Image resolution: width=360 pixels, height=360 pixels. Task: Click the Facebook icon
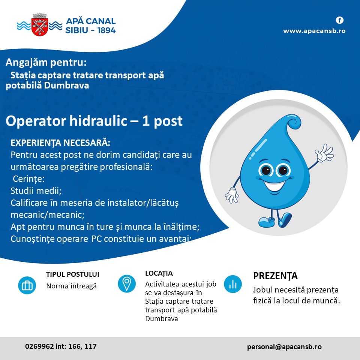[x=340, y=20]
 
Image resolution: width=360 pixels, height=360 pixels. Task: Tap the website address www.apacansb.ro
[x=314, y=31]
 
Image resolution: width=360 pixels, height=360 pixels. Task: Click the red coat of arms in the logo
[x=39, y=25]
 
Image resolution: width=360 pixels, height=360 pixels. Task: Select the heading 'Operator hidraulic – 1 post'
[x=94, y=121]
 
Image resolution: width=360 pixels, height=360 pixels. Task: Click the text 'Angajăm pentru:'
[x=46, y=62]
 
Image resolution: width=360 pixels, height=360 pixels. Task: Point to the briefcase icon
[x=27, y=285]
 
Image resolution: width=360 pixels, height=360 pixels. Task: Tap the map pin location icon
[x=127, y=283]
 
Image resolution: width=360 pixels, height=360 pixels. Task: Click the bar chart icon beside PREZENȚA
[x=233, y=284]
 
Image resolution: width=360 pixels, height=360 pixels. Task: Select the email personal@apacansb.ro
[x=284, y=347]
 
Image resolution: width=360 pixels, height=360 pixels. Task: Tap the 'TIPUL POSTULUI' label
[x=73, y=274]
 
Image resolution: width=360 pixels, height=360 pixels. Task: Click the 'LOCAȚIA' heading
[x=159, y=273]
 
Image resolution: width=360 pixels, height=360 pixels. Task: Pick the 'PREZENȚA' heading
[x=275, y=276]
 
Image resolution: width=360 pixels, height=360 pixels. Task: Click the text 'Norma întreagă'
[x=71, y=286]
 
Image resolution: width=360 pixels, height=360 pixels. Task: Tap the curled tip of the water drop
[x=294, y=122]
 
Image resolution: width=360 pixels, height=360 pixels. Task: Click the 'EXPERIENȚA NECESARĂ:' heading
[x=60, y=143]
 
